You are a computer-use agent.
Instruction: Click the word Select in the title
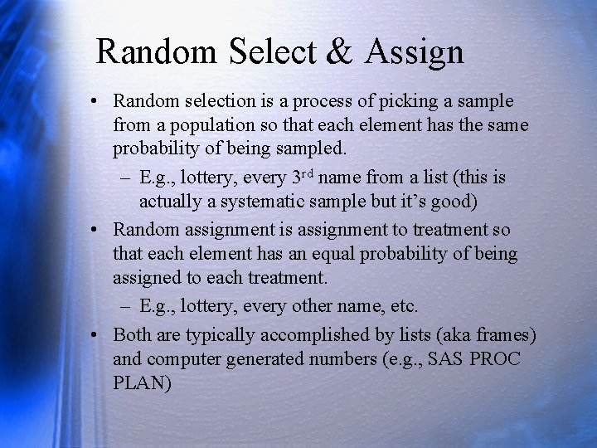(x=270, y=52)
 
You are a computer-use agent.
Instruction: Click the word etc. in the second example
(x=404, y=306)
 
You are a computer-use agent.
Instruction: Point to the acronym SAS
(x=448, y=360)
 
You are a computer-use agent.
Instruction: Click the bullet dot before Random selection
(x=97, y=102)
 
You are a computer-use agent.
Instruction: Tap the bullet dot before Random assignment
(x=97, y=230)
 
